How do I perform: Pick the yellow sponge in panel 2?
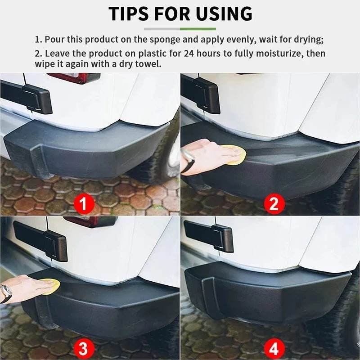click(x=237, y=154)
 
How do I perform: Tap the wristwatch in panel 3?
click(x=6, y=293)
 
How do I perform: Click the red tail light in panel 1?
click(x=74, y=77)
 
